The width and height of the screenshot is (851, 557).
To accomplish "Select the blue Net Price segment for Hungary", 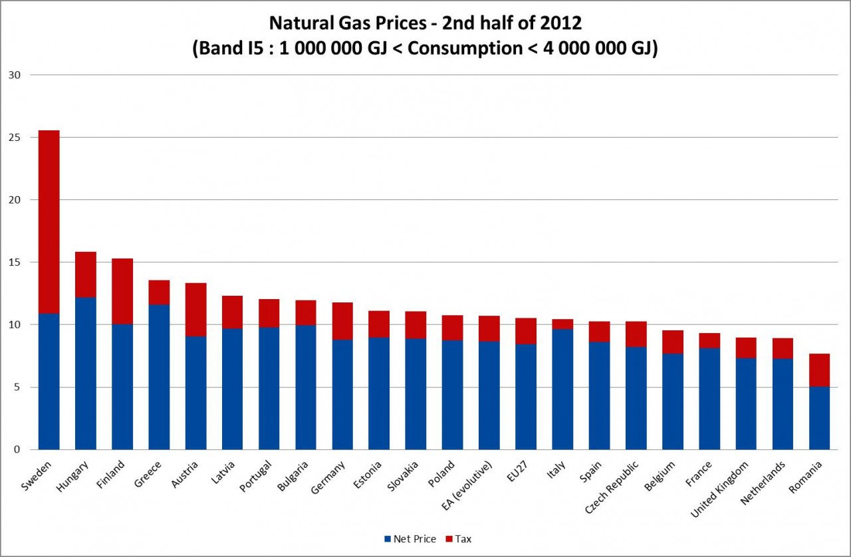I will pos(86,373).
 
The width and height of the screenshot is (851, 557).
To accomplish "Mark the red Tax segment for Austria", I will pos(195,310).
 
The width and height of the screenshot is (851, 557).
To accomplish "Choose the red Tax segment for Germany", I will pos(342,321).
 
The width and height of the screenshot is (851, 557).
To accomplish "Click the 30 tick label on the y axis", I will pos(15,75).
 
